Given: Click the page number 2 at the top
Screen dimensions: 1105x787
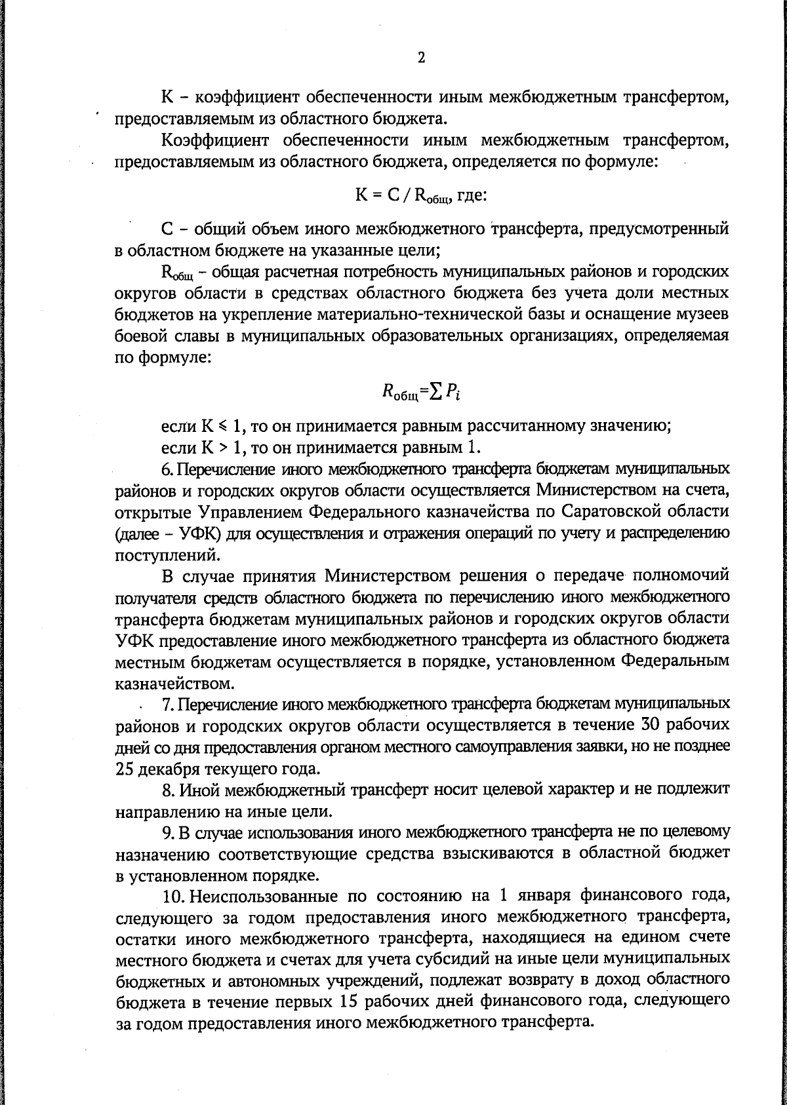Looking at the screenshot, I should pos(421,58).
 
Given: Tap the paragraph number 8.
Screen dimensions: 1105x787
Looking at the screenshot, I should pos(167,789).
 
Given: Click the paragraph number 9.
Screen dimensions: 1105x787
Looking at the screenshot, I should pos(167,832).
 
